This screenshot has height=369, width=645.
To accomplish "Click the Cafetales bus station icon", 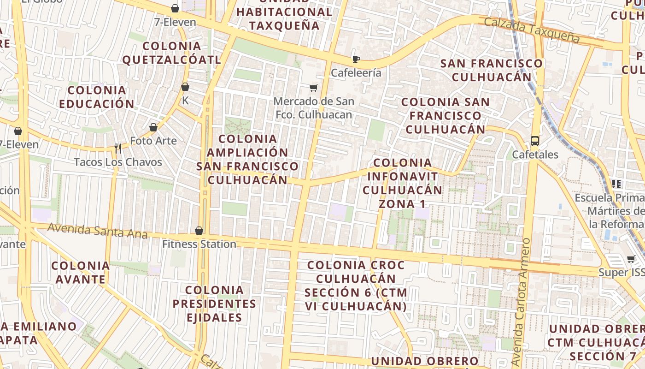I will tap(534, 141).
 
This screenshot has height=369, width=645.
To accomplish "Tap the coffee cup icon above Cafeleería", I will tap(356, 59).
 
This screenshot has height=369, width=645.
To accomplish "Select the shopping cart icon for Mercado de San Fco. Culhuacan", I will tap(314, 88).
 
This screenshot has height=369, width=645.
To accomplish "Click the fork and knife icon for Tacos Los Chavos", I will tap(118, 148).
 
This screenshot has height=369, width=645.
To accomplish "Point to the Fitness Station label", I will tap(199, 244).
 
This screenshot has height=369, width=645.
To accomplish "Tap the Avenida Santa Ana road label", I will tap(98, 231).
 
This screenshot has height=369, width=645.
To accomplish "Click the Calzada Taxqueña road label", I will tap(532, 30).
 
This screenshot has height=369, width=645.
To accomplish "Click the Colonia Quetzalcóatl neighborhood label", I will tap(172, 53).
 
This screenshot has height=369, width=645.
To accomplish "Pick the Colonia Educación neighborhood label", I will tap(97, 97).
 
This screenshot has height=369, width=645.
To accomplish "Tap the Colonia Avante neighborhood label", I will tap(81, 272).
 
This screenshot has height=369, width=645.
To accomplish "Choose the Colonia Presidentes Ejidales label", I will tap(214, 304).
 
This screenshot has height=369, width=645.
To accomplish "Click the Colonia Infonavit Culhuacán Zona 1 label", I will tap(402, 183).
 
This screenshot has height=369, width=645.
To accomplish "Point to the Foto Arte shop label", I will tap(153, 141).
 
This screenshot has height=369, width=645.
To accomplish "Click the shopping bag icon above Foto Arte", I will tap(153, 127).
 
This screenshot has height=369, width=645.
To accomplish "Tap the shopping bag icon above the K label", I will tap(185, 87).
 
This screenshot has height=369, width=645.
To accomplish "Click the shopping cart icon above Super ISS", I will tap(631, 259).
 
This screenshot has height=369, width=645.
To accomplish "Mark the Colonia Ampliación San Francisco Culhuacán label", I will tap(247, 159).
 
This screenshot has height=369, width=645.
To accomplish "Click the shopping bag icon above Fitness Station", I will tap(199, 231).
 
